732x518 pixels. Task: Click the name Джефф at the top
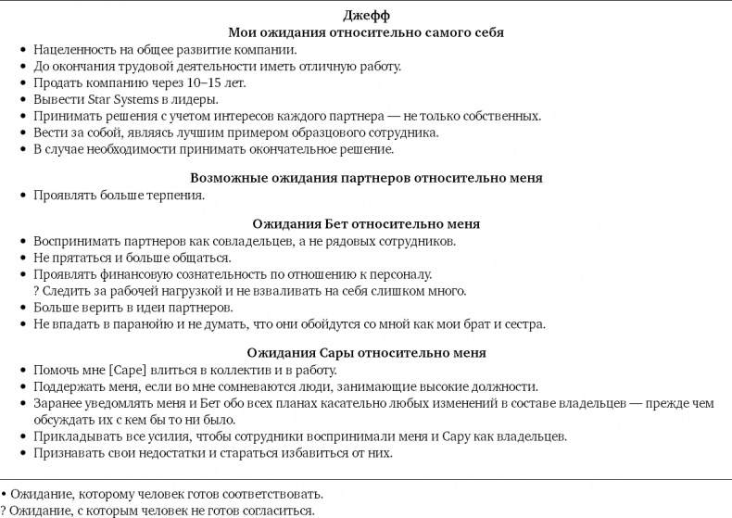pyautogui.click(x=366, y=15)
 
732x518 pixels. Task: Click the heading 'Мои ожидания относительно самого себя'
pyautogui.click(x=366, y=32)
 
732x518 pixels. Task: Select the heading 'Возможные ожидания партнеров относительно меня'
pyautogui.click(x=366, y=178)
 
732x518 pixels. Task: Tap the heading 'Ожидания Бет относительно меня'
pyautogui.click(x=366, y=224)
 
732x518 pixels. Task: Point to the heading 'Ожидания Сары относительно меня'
pyautogui.click(x=366, y=353)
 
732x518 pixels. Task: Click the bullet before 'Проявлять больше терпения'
pyautogui.click(x=23, y=196)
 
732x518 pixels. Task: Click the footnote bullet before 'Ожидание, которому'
pyautogui.click(x=4, y=494)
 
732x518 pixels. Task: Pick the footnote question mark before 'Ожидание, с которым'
pyautogui.click(x=4, y=511)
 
